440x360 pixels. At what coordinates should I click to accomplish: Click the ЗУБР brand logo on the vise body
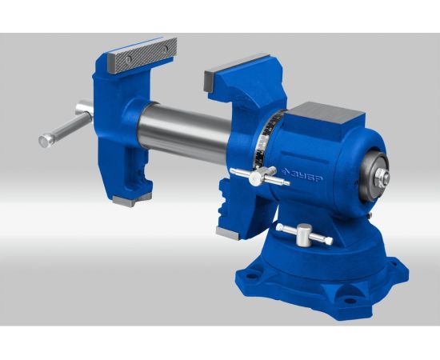[x=302, y=175]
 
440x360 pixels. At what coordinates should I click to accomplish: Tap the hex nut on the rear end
[x=382, y=177]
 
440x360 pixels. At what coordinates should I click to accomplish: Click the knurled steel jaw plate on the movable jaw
[x=142, y=55]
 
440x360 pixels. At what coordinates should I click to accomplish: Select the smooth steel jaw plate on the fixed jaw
[x=236, y=71]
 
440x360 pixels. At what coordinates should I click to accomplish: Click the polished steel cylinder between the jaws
[x=184, y=130]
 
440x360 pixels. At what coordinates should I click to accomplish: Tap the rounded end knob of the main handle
[x=46, y=141]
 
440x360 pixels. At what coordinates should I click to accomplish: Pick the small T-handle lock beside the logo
[x=259, y=176]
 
